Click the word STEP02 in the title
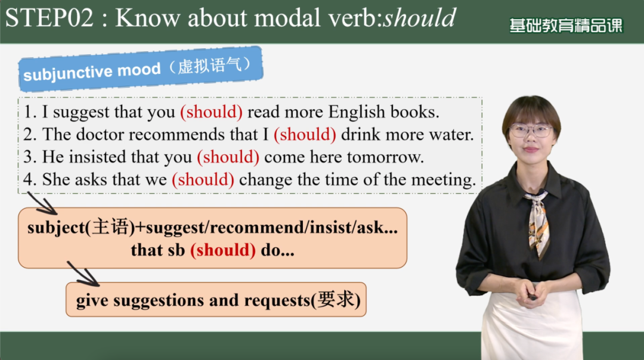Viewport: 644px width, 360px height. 49,18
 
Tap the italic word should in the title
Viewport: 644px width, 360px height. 419,18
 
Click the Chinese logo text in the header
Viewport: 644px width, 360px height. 566,26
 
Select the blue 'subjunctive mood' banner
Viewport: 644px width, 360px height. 141,69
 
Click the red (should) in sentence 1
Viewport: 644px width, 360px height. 212,111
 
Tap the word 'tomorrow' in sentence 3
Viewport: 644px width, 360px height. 385,157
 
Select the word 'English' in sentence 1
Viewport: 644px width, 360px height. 357,111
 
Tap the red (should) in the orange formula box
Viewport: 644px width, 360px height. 223,250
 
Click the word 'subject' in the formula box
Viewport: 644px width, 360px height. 56,228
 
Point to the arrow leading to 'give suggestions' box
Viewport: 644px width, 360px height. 83,274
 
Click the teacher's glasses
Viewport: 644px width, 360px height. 531,131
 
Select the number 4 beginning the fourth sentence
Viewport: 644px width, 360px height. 28,180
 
